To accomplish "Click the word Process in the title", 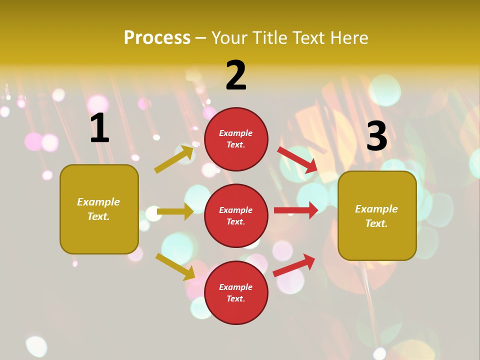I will point(157,38).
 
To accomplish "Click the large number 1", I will point(99,128).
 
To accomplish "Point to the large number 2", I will point(236,75).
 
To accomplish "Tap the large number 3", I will point(376,136).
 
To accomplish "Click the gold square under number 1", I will point(99,209).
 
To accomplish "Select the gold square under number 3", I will point(377,215).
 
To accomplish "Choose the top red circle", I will point(236,139).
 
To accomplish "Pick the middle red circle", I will point(236,215).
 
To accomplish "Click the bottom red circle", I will point(236,292).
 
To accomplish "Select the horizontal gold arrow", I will point(175,211).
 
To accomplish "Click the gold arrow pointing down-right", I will point(175,266).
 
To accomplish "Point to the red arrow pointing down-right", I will point(298,159).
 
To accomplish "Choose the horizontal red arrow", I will point(296,210).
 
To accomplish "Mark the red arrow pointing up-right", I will point(294,264).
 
